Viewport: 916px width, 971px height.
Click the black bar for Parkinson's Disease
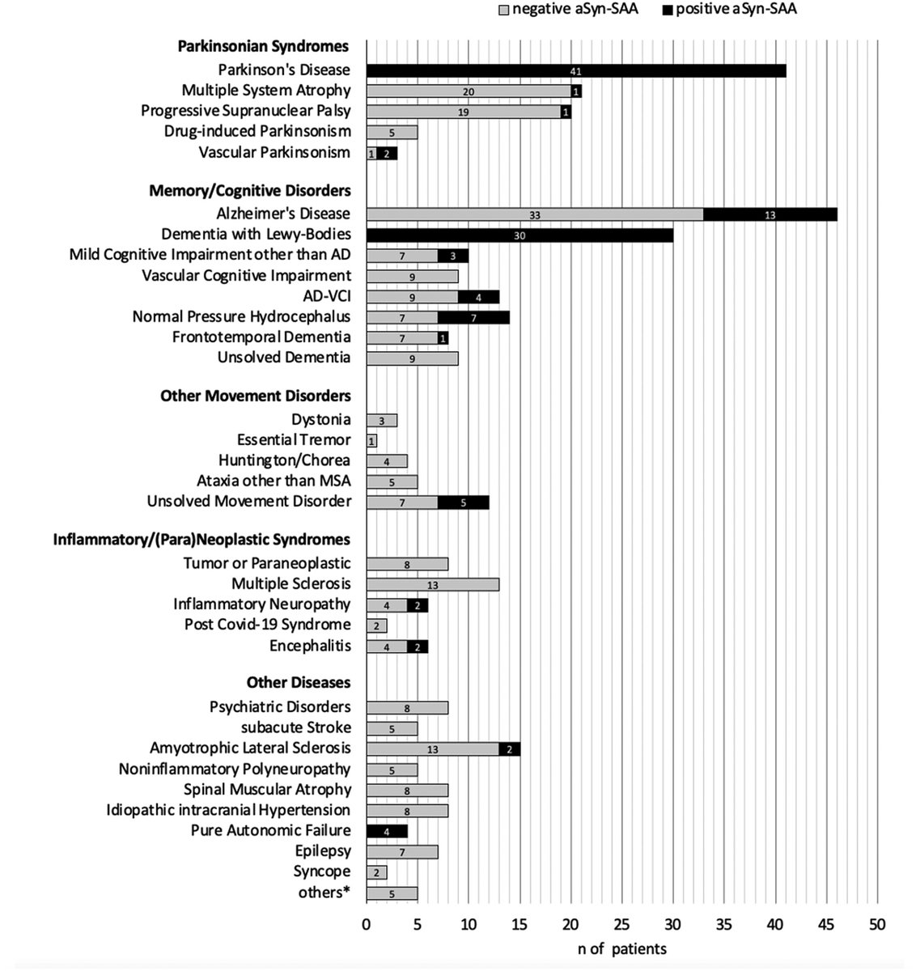coord(575,70)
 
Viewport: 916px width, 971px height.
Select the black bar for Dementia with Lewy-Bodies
coord(519,235)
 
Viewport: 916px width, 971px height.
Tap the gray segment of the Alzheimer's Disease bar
coord(534,214)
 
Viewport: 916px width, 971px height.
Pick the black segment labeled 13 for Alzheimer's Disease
coord(770,214)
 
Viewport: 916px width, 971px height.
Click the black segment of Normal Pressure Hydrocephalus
coord(473,317)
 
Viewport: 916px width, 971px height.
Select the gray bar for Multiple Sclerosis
coord(432,584)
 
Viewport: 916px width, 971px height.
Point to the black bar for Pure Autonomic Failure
coord(387,831)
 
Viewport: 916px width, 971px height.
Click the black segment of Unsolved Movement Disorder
coord(463,502)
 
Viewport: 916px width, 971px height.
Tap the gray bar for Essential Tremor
coord(371,441)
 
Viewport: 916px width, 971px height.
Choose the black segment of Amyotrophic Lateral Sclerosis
coord(509,748)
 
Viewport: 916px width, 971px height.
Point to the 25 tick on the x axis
coord(621,924)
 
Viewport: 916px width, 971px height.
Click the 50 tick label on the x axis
coord(877,924)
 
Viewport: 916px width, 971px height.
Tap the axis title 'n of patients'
coord(621,948)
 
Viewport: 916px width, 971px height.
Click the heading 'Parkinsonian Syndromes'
coord(263,46)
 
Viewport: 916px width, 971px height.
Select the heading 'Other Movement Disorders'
coord(255,396)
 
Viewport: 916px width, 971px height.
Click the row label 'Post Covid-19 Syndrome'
coord(267,625)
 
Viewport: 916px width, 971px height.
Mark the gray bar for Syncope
coord(376,872)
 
